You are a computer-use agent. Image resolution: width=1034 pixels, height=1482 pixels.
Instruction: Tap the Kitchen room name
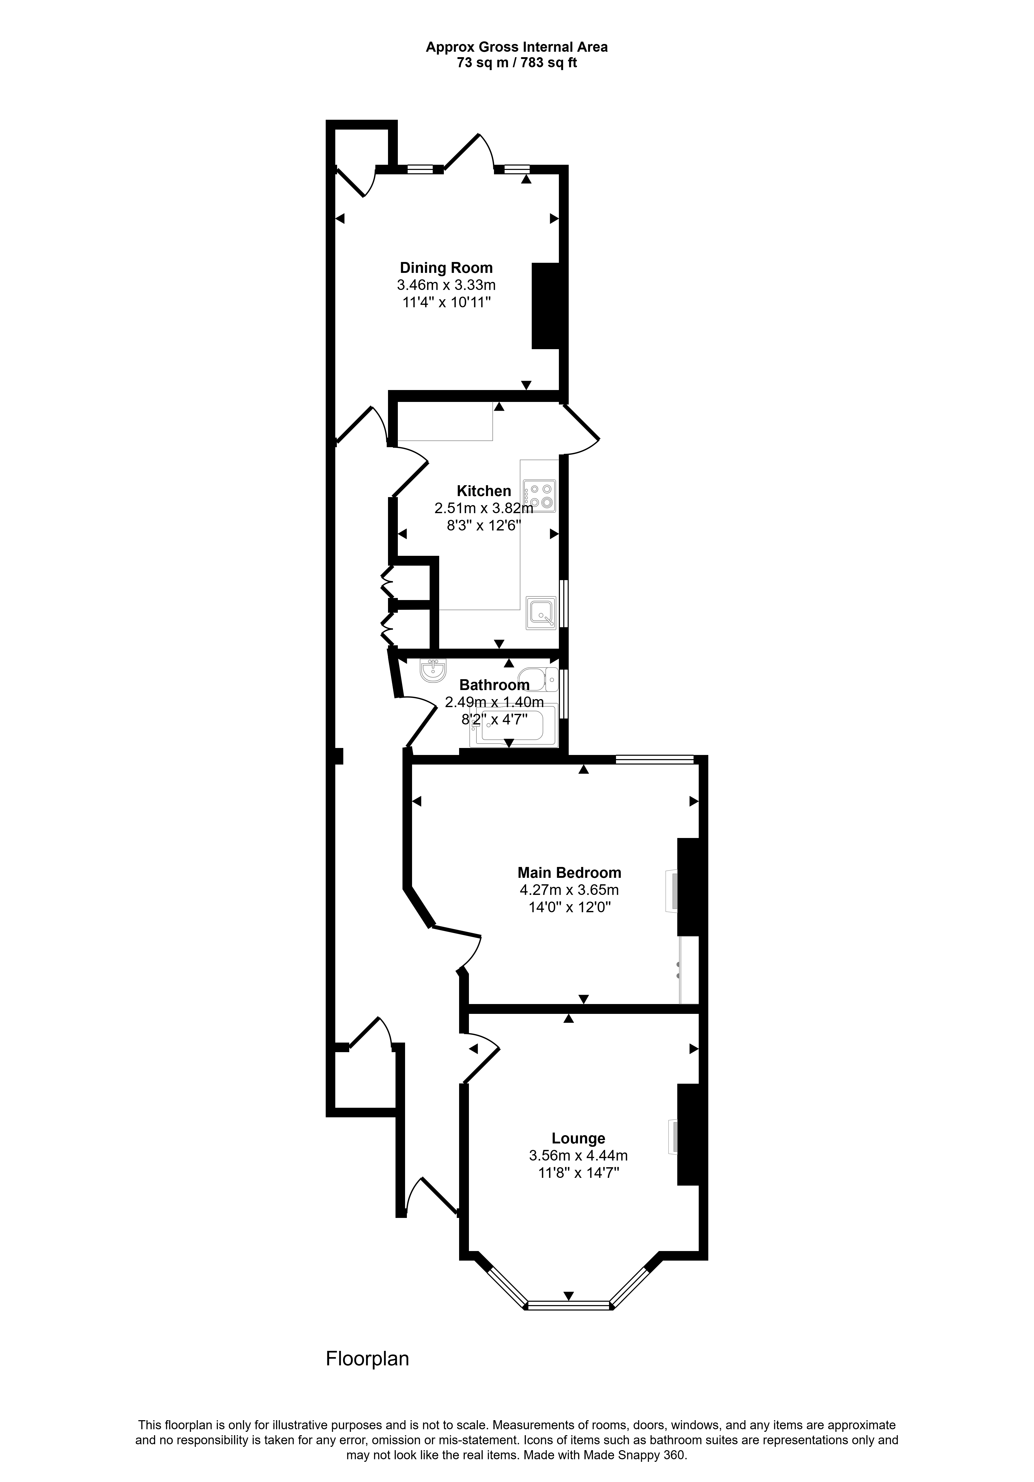(484, 491)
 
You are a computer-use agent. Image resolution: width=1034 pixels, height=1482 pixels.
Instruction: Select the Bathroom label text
(494, 685)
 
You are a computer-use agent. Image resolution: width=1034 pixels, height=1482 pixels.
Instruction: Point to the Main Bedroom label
(569, 873)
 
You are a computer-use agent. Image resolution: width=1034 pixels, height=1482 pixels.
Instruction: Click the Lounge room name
(578, 1139)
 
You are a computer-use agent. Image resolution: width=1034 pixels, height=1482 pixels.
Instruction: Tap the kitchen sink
(541, 612)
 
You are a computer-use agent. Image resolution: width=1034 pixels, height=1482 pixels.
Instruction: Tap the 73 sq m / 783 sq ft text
(517, 63)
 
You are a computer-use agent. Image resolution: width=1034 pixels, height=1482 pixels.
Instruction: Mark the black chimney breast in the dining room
(545, 305)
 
